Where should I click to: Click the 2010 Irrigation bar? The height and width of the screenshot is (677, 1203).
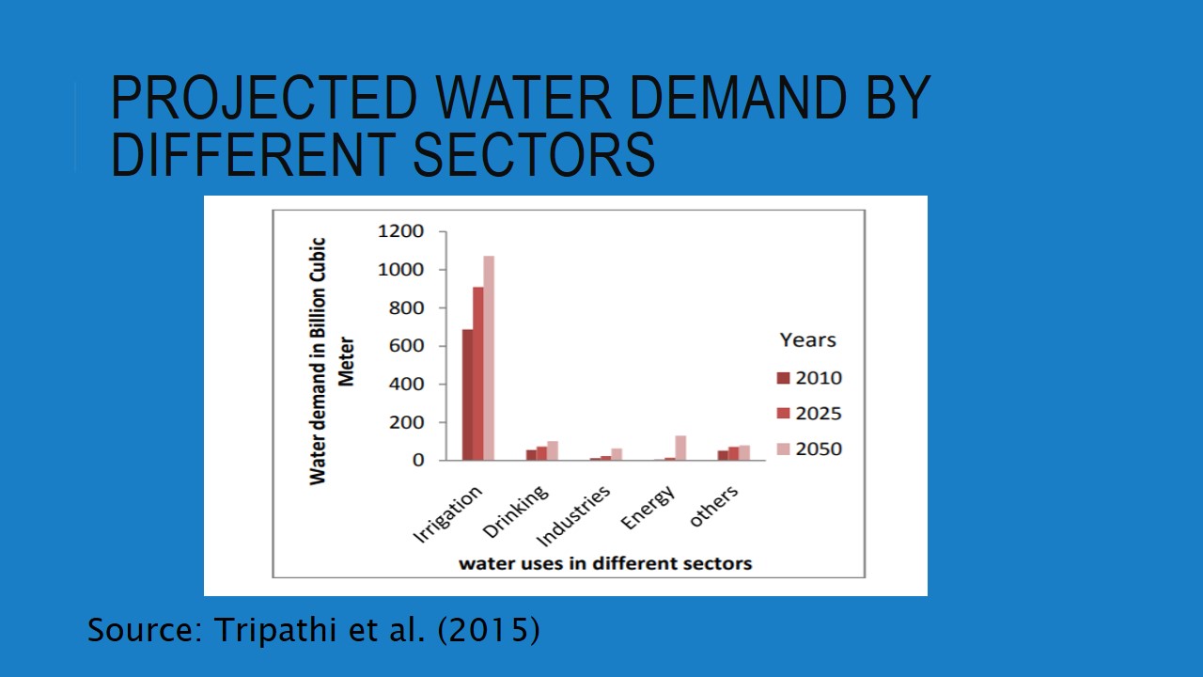point(467,395)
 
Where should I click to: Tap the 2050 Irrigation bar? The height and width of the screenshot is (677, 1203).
point(489,358)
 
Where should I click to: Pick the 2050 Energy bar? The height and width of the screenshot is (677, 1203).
point(680,448)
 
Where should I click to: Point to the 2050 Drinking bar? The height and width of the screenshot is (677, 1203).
point(553,450)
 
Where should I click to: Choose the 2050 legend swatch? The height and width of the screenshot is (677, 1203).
point(783,449)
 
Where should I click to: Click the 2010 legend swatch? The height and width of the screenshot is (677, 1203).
point(783,378)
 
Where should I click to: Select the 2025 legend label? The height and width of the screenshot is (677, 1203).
point(819,414)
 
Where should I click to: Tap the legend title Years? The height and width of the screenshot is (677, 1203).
point(807,340)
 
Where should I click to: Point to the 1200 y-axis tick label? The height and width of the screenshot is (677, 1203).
point(400,231)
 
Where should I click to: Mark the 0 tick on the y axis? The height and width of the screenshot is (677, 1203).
point(418,461)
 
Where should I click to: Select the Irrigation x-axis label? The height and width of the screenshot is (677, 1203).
point(448,514)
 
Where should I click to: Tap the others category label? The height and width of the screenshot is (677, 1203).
point(714,506)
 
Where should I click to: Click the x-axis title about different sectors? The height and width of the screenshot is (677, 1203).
point(605,563)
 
